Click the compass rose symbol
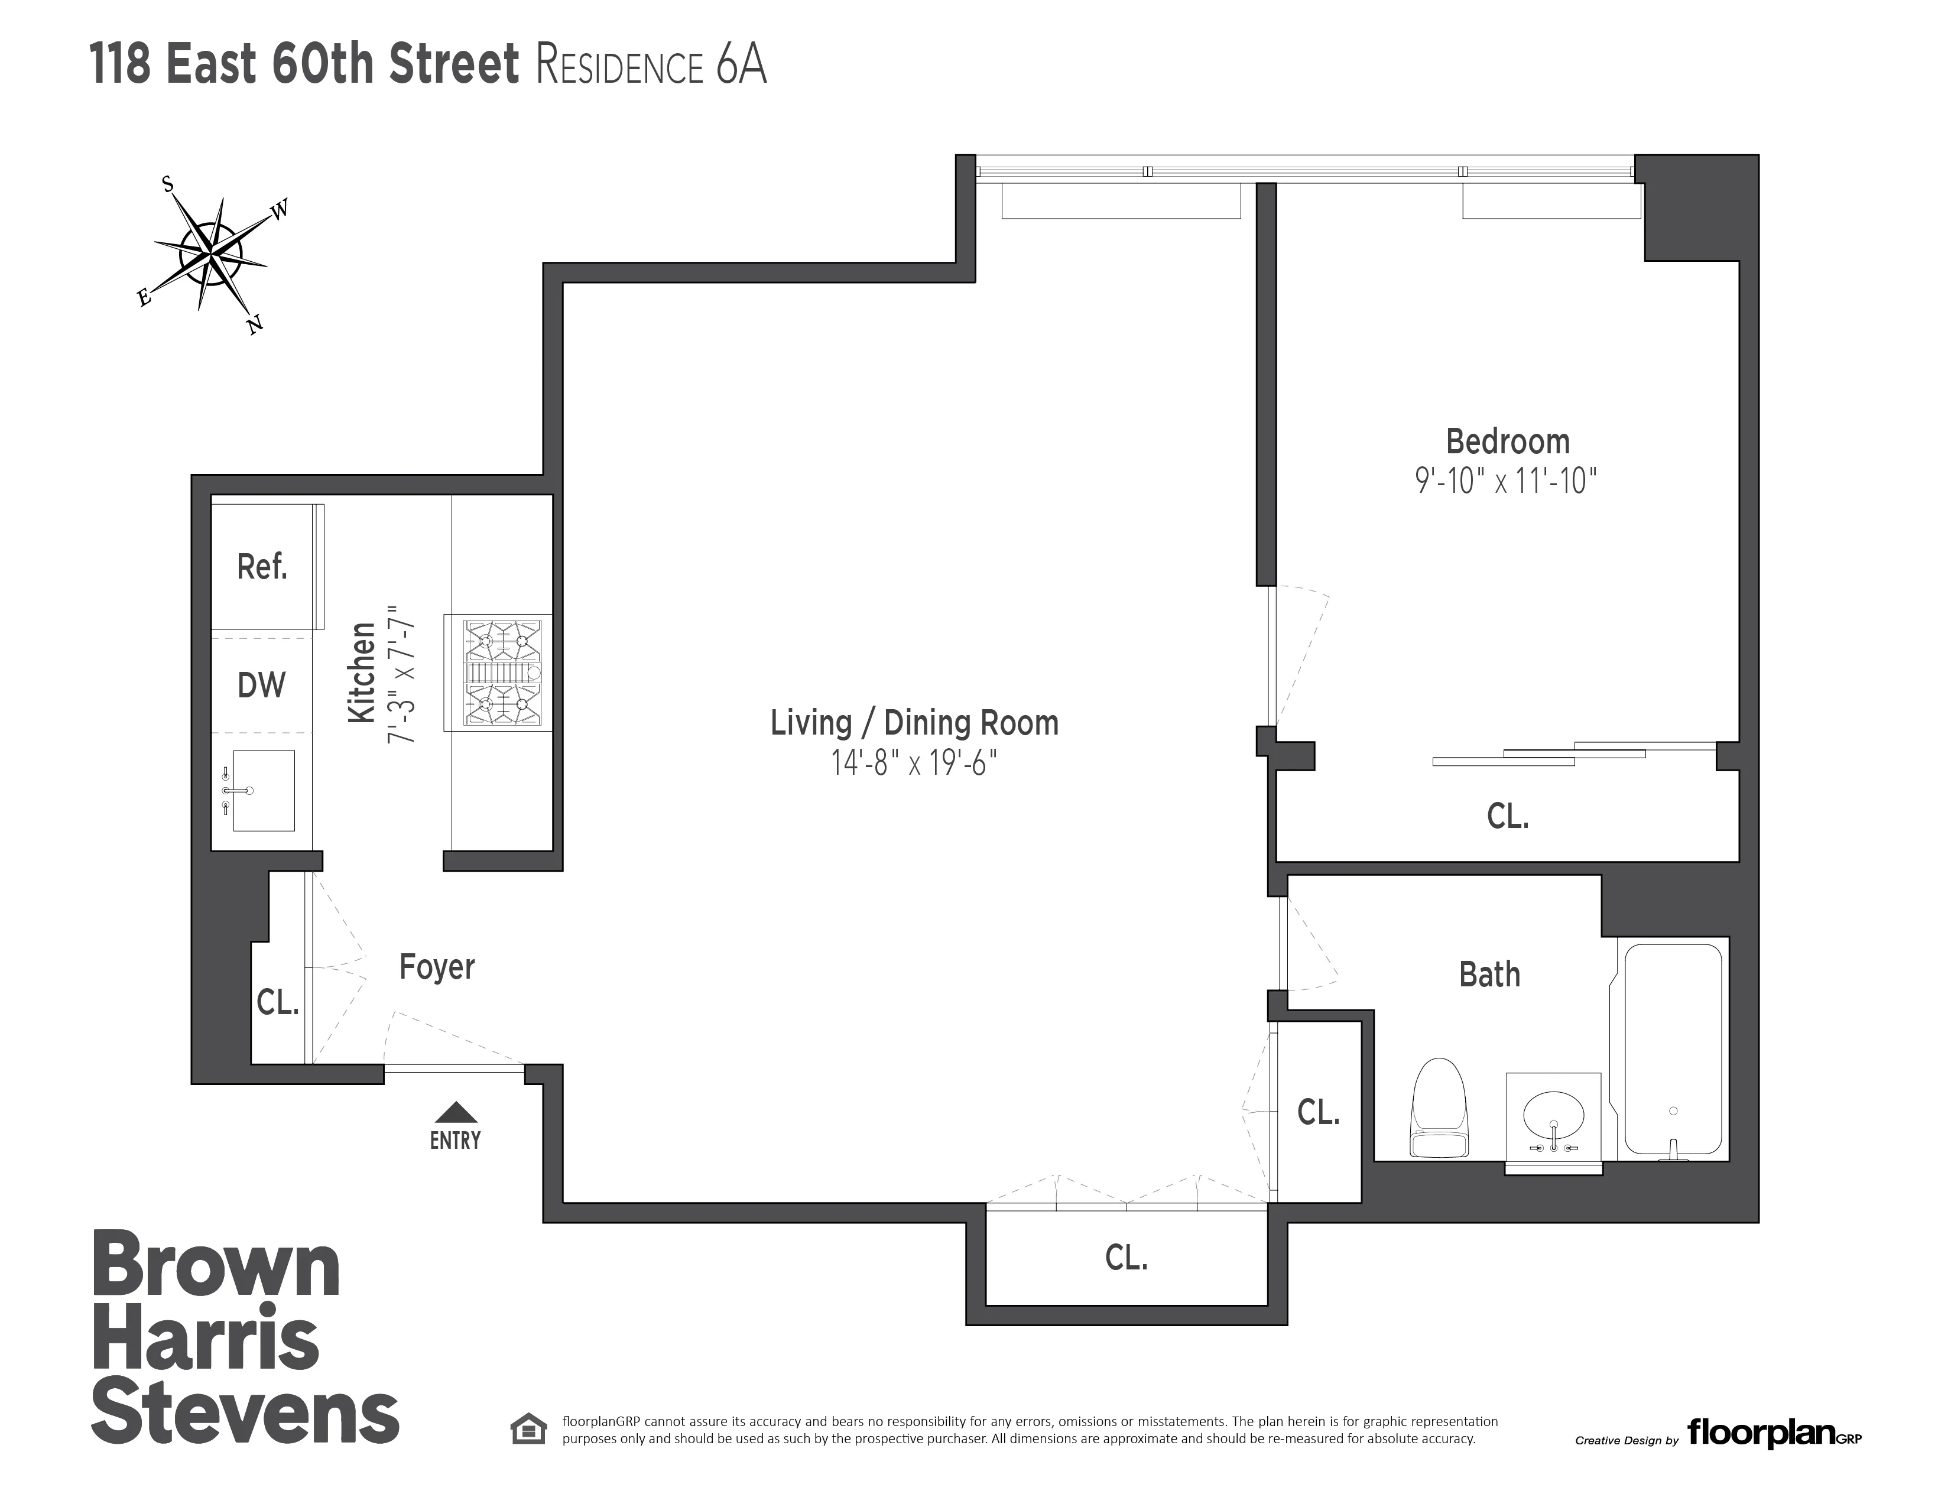click(211, 255)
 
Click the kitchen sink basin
click(264, 791)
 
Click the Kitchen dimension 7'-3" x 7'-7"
click(401, 673)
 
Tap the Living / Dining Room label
click(914, 723)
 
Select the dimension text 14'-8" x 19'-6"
click(914, 763)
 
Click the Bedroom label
click(1507, 441)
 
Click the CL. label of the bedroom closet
click(1507, 816)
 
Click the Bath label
click(1489, 975)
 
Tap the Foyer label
click(437, 967)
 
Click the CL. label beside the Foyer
click(277, 1002)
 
